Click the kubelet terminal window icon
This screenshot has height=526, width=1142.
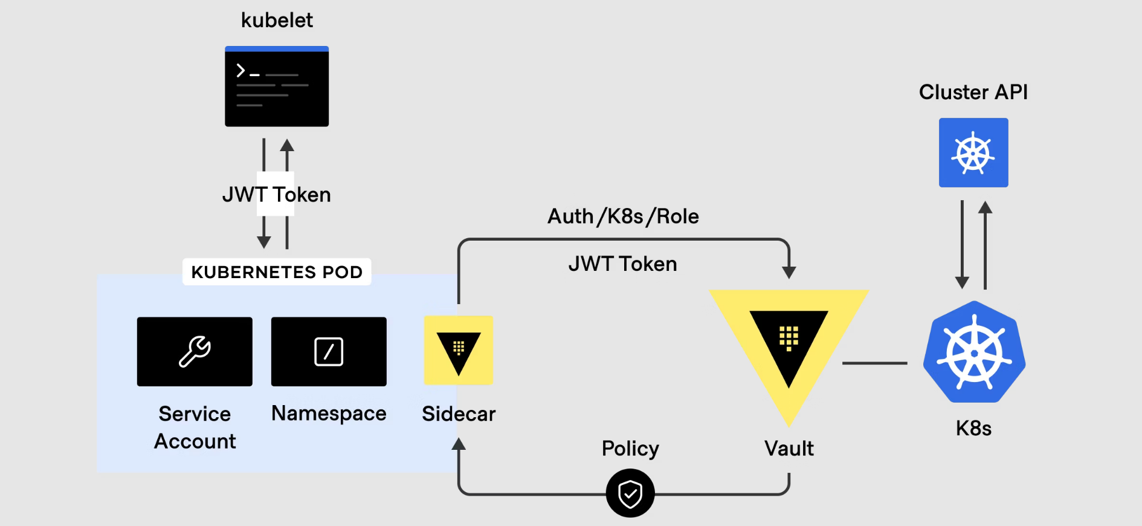277,86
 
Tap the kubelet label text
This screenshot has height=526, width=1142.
277,21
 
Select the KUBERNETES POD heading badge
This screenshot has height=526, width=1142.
277,272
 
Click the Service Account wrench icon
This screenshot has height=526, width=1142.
195,351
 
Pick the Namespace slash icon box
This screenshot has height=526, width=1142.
329,351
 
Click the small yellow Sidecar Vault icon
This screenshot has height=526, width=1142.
459,350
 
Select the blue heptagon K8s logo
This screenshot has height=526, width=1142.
974,352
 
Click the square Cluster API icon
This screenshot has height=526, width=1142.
973,152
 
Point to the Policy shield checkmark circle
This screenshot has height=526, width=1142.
630,493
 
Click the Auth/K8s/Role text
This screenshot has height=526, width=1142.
623,216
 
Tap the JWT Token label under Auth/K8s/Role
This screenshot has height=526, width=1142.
622,264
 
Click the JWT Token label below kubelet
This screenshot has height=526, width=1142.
277,195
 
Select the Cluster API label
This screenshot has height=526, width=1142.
973,92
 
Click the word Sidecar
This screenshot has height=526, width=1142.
459,414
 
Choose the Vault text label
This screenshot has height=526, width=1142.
789,449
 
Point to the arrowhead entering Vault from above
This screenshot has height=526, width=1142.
789,272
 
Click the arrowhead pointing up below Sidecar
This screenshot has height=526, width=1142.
459,444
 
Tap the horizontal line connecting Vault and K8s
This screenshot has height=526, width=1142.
874,363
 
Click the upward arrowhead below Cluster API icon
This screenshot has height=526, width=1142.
986,208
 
